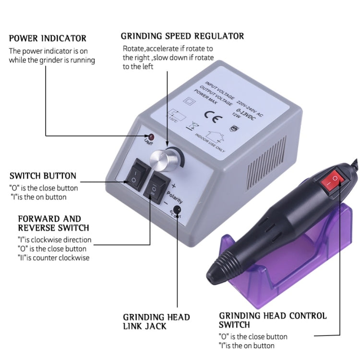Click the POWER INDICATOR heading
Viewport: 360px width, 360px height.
point(48,38)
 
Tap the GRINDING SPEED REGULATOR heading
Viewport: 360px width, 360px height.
point(182,36)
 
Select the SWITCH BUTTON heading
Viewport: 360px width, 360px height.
point(43,176)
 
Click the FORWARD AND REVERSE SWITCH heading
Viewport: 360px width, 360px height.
point(49,223)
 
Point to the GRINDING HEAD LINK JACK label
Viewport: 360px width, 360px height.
point(156,322)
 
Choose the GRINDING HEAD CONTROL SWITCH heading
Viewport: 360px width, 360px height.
point(273,320)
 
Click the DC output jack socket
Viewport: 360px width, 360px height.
point(177,210)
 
